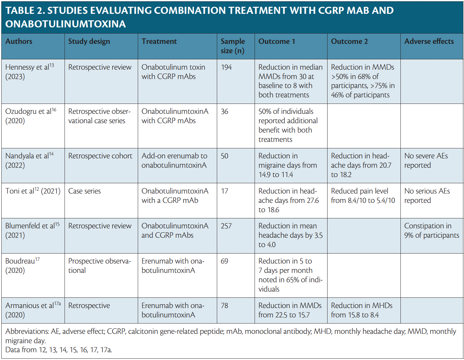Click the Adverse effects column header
[429, 41]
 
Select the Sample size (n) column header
[233, 46]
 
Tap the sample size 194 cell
[226, 67]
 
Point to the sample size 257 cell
[226, 226]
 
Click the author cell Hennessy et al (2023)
[29, 72]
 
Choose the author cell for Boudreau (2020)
[22, 265]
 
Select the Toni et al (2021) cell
[33, 191]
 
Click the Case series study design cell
[85, 191]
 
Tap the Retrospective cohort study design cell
[100, 156]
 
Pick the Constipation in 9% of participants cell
[431, 230]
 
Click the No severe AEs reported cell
[426, 160]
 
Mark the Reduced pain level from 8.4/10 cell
[363, 195]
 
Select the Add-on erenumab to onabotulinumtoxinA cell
[174, 160]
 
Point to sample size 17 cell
[224, 191]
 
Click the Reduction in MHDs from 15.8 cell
[361, 310]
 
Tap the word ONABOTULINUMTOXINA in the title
[66, 24]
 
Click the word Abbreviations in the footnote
[27, 331]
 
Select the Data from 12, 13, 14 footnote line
[59, 350]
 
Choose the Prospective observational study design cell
[99, 265]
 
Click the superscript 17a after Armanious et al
[57, 303]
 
